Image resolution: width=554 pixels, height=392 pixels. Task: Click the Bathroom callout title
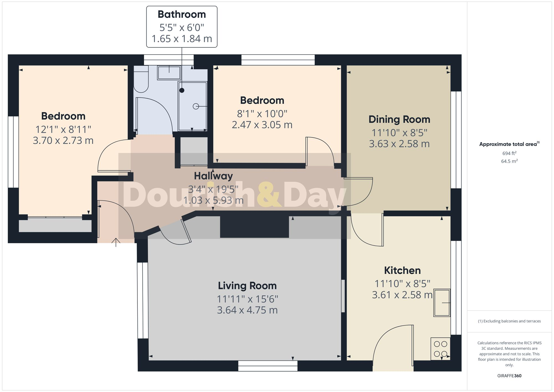coord(182,14)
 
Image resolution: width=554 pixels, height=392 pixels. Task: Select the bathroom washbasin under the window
coord(169,73)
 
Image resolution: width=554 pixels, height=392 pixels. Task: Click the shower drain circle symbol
coord(196,106)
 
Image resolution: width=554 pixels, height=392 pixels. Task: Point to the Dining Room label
coord(399,119)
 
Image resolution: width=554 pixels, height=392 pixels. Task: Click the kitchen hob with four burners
coord(440,349)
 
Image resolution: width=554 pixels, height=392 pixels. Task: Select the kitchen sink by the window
coord(442,303)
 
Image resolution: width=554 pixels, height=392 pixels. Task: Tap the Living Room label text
coord(247,286)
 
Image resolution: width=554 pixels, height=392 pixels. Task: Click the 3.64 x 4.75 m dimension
coord(247,310)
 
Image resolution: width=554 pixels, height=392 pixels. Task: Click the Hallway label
coord(213,176)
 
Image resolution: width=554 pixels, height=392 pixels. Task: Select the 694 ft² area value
coord(509,153)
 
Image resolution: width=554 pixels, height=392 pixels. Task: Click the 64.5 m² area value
coord(509,161)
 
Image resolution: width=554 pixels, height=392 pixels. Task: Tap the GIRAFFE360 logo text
coord(509,376)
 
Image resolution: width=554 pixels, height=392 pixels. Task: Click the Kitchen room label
coord(402,270)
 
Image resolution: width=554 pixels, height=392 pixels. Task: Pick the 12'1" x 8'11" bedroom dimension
coord(63,129)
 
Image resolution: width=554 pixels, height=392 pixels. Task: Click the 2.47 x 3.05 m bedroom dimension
coord(262,125)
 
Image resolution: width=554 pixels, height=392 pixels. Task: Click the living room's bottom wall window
coord(268,366)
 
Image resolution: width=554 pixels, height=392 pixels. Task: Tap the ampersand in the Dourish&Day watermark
coord(269,195)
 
